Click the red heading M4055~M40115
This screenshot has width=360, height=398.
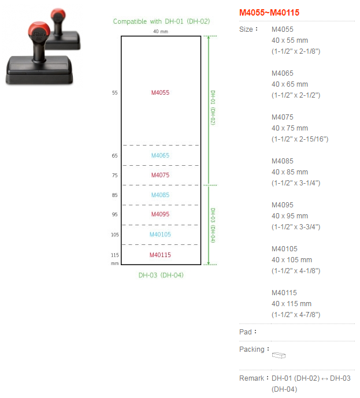[x=269, y=12]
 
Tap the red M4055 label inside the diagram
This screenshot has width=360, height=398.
[x=160, y=92]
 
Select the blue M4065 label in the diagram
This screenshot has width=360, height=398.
[x=160, y=155]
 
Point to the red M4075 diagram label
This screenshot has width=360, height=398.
[x=160, y=175]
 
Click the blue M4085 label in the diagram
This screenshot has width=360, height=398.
[x=160, y=195]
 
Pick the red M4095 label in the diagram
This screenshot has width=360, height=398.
[x=160, y=214]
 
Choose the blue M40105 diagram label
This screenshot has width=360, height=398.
[x=160, y=235]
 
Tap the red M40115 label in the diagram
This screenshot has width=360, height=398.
[x=160, y=255]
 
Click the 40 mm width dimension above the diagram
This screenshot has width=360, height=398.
[x=160, y=31]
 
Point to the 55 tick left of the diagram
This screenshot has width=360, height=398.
[x=114, y=92]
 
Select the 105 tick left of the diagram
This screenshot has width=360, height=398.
[x=114, y=235]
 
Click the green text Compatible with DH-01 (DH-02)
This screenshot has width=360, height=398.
[x=161, y=21]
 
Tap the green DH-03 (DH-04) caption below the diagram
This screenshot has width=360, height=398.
[x=161, y=275]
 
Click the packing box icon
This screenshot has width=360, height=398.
[x=279, y=354]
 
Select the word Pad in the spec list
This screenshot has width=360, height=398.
[x=246, y=332]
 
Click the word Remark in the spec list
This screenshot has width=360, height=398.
[x=251, y=378]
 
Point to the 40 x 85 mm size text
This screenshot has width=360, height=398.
[x=290, y=172]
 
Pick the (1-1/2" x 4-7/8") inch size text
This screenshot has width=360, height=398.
[x=296, y=315]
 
